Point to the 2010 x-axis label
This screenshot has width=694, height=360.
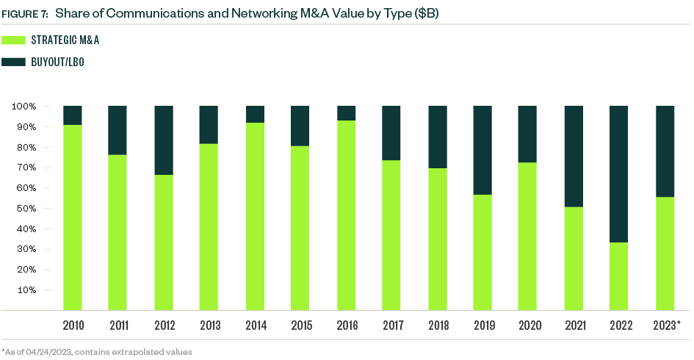72,325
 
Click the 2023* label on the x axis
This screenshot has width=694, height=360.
665,325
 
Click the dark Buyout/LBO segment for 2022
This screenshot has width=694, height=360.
618,174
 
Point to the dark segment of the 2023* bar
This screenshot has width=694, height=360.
664,151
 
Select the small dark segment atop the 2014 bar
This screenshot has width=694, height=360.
254,114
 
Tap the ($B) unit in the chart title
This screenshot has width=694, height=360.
424,14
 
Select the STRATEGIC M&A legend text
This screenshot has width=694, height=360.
65,40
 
